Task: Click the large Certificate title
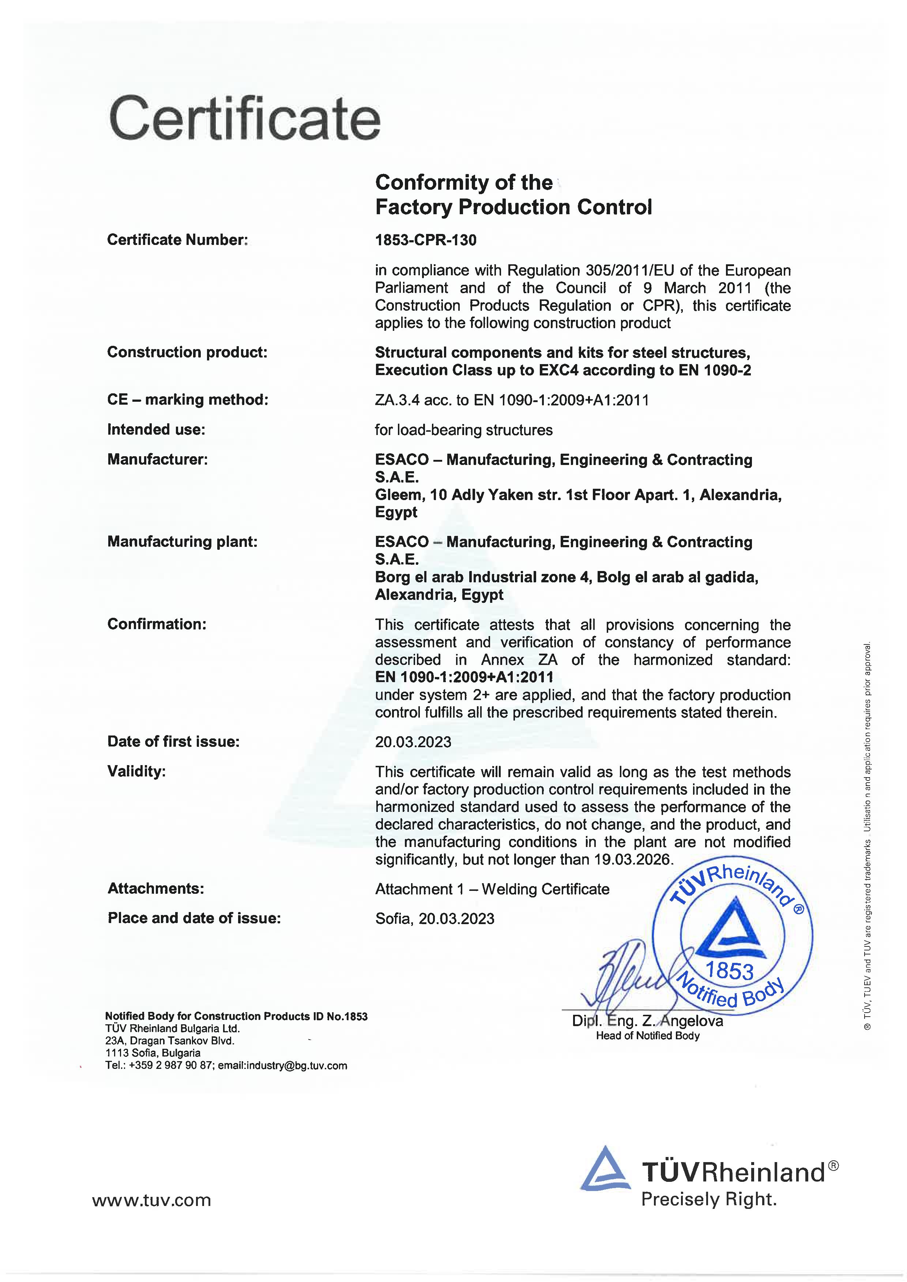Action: pyautogui.click(x=245, y=119)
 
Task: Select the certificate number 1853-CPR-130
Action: pyautogui.click(x=426, y=240)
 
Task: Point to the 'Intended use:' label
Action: pyautogui.click(x=157, y=430)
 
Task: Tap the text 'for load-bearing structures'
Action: pyautogui.click(x=463, y=430)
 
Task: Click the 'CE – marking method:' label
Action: pyautogui.click(x=188, y=400)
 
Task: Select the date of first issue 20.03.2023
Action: pyautogui.click(x=413, y=741)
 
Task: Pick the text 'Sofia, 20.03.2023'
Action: pyautogui.click(x=434, y=919)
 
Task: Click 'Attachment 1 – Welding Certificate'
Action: pyautogui.click(x=492, y=889)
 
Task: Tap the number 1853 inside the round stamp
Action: pyautogui.click(x=729, y=971)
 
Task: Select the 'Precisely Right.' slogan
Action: pyautogui.click(x=709, y=1199)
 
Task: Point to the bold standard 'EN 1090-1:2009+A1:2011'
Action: pyautogui.click(x=464, y=677)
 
